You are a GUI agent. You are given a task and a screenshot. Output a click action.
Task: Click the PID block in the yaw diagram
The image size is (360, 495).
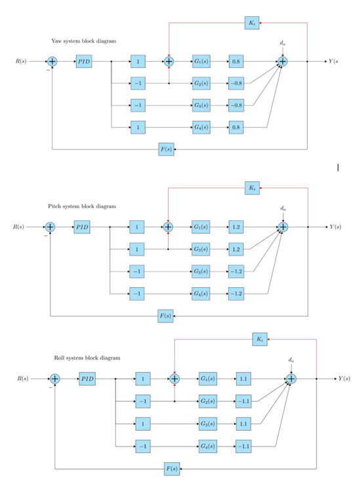(x=83, y=62)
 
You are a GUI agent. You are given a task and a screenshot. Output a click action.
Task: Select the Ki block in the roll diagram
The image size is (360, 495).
(x=260, y=339)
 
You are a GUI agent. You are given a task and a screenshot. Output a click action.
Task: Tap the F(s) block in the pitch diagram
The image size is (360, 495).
(x=166, y=315)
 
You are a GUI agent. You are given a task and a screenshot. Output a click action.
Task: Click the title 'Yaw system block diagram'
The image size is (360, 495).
(x=83, y=41)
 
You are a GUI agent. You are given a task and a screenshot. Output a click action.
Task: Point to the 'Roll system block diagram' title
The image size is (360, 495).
(x=87, y=358)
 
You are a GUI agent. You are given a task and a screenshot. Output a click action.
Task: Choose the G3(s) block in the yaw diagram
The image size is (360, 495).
(x=201, y=105)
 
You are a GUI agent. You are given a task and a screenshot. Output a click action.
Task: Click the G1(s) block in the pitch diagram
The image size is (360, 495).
(x=200, y=227)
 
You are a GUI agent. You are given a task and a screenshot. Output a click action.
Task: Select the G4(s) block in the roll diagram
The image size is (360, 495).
(x=207, y=446)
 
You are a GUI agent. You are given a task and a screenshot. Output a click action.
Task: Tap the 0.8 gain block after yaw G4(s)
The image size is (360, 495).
(x=236, y=127)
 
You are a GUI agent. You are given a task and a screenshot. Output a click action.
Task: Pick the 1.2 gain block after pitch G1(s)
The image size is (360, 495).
(x=236, y=227)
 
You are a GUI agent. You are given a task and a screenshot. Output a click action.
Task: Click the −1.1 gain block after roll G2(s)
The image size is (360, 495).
(x=243, y=401)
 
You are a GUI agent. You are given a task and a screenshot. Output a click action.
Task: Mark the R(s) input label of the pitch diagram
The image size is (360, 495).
(x=20, y=227)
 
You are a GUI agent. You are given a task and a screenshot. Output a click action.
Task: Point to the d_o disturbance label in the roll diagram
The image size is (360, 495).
(x=290, y=360)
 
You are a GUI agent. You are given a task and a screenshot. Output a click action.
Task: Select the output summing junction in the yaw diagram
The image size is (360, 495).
(x=282, y=62)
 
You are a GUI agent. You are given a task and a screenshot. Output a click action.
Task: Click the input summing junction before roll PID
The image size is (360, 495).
(x=55, y=379)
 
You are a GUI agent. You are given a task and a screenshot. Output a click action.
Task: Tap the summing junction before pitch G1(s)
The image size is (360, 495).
(x=168, y=227)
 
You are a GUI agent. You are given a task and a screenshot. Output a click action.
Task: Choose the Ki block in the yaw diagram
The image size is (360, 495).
(x=252, y=23)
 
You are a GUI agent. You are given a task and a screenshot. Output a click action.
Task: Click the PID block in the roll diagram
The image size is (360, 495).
(x=87, y=379)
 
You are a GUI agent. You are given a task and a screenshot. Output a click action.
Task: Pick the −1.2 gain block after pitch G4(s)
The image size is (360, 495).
(x=236, y=292)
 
